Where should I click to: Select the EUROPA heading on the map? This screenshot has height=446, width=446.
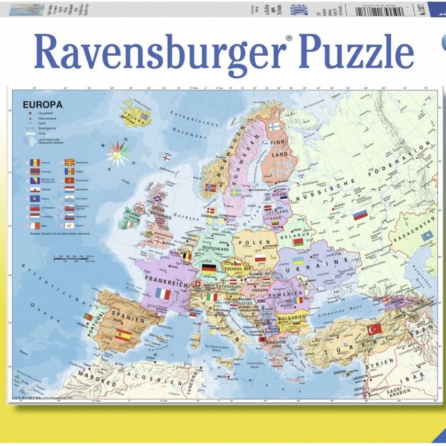[42, 104]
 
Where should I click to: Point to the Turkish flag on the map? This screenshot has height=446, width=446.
[375, 329]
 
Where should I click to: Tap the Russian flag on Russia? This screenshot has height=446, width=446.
[360, 214]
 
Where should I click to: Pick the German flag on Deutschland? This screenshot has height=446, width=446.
[209, 268]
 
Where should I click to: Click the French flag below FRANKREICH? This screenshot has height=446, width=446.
[163, 293]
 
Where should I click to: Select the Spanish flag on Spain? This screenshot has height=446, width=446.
[123, 335]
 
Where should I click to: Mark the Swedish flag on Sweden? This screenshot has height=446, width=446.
[236, 192]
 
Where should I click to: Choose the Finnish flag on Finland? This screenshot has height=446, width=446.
[274, 127]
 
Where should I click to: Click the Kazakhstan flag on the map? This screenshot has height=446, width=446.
[426, 236]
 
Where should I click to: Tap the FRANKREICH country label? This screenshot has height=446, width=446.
[165, 277]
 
